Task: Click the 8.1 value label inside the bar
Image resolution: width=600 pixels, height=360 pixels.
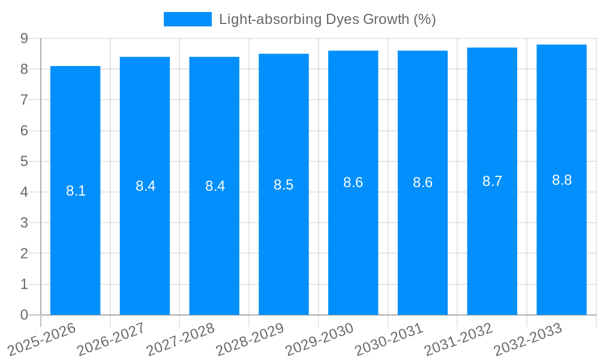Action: point(76,191)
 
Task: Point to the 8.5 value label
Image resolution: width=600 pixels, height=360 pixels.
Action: point(284,185)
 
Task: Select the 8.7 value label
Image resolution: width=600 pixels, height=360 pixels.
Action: point(492,182)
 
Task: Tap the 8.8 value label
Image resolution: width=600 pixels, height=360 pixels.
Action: point(562,180)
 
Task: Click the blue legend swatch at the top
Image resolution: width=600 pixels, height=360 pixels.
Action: point(187,19)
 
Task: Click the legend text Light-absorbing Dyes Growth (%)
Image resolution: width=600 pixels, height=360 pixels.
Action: point(327,19)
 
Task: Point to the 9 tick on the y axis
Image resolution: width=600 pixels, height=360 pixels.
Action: point(25,38)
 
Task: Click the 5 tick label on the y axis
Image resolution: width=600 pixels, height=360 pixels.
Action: point(25,161)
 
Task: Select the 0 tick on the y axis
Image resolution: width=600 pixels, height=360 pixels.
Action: point(25,315)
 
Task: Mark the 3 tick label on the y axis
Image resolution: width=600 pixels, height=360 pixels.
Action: point(25,223)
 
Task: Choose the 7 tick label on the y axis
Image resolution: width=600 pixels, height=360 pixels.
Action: point(25,100)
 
